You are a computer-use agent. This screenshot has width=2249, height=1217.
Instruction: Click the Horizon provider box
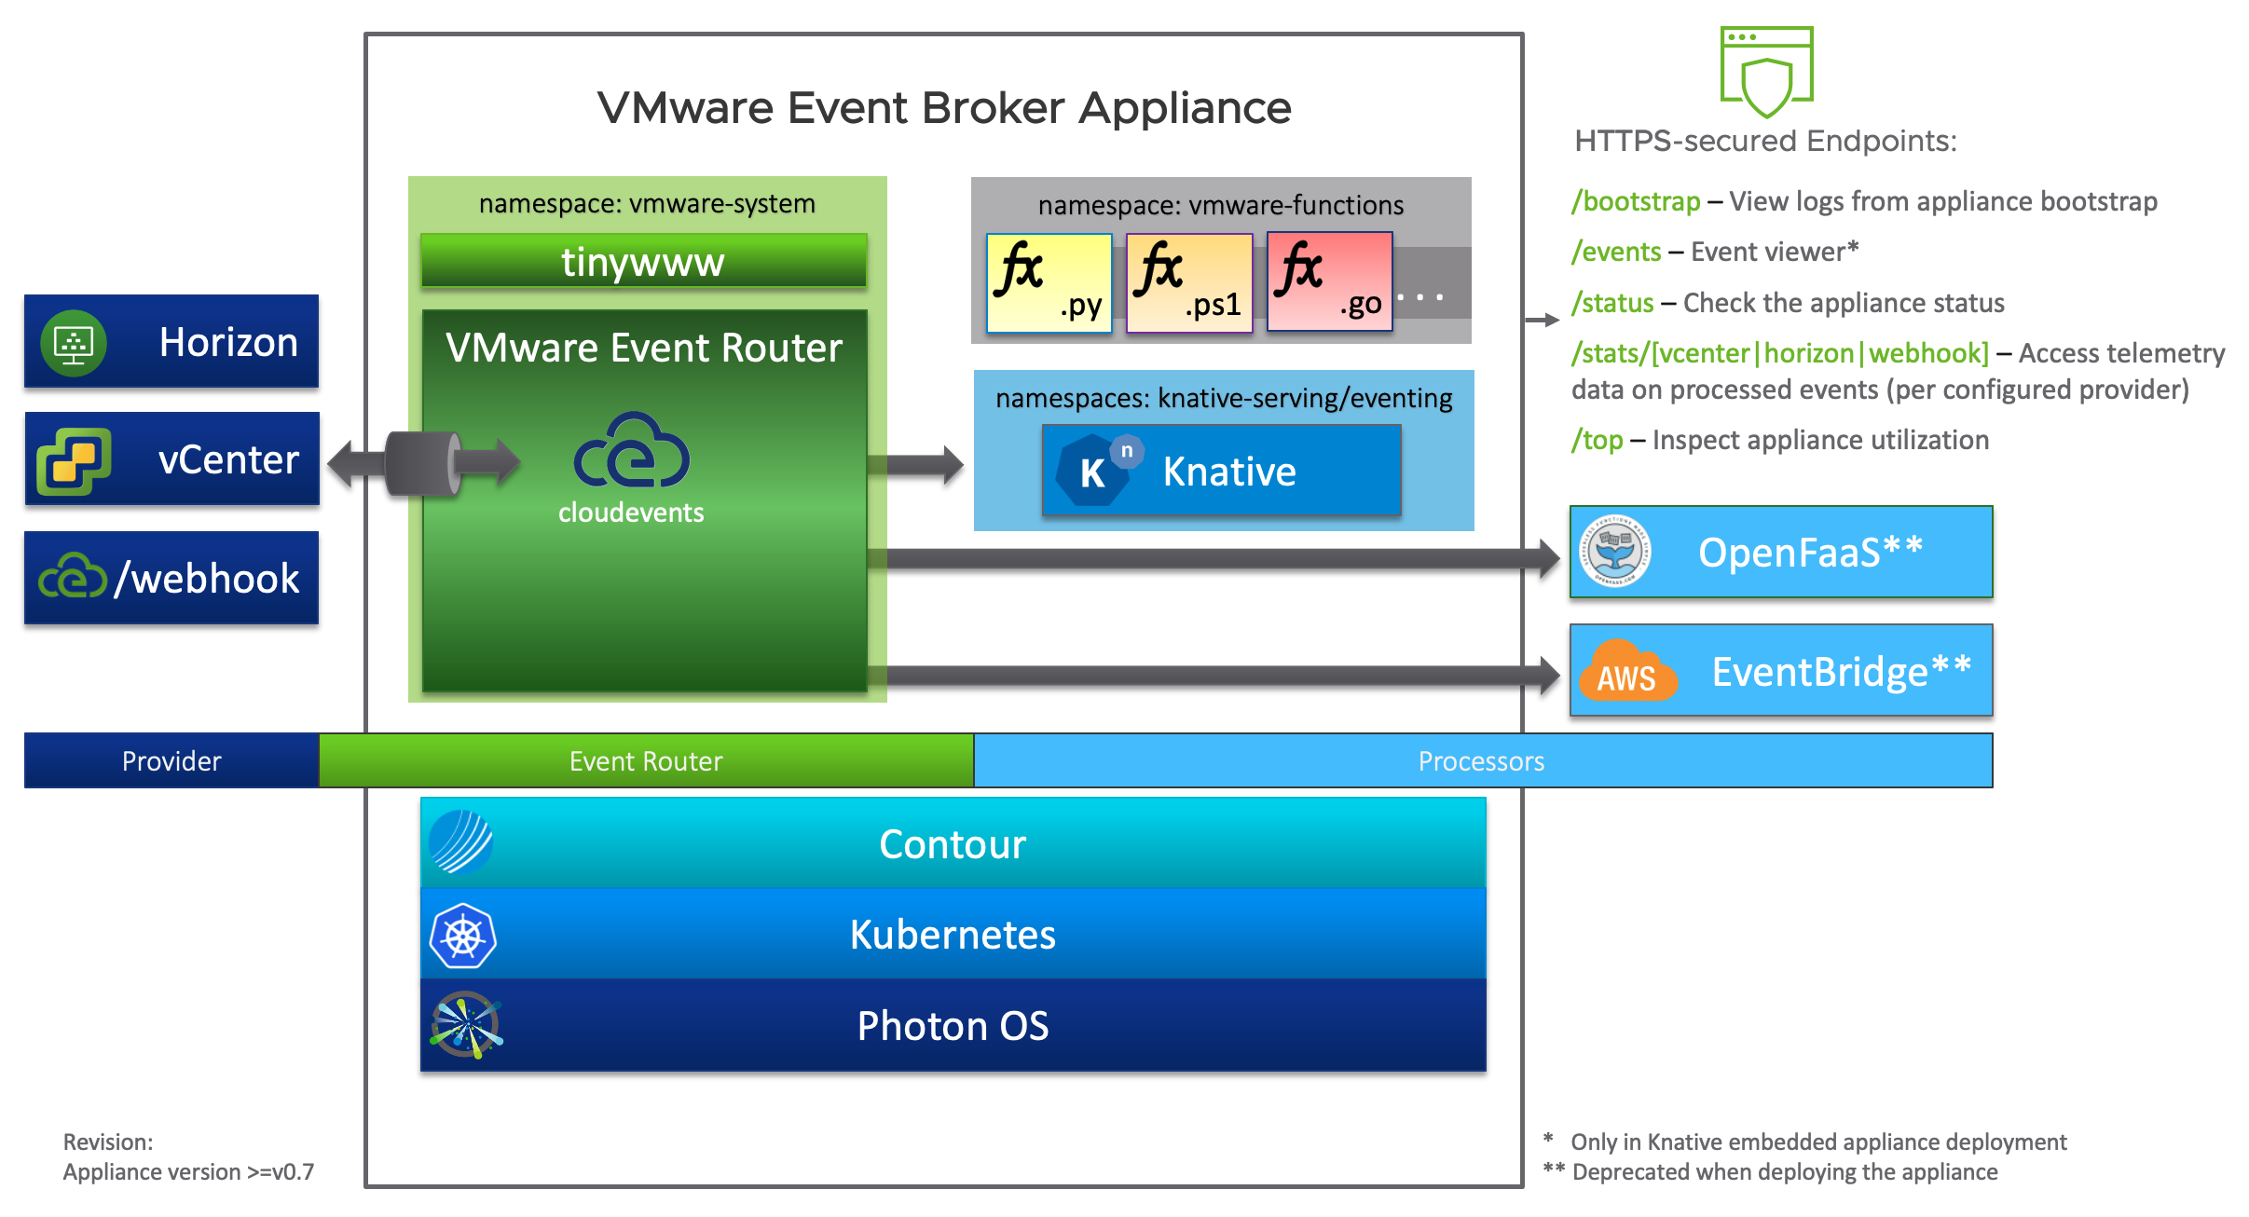pyautogui.click(x=171, y=341)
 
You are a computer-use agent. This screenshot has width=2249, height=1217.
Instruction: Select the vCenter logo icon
pyautogui.click(x=73, y=460)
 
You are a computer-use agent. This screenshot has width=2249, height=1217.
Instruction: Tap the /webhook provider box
pyautogui.click(x=171, y=578)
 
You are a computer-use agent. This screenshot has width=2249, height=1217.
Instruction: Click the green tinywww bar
pyautogui.click(x=643, y=261)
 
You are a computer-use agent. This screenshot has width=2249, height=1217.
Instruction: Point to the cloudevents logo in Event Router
pyautogui.click(x=631, y=452)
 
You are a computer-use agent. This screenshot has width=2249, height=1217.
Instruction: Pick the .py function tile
pyautogui.click(x=1049, y=282)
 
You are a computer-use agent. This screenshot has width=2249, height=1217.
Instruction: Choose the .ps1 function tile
pyautogui.click(x=1189, y=282)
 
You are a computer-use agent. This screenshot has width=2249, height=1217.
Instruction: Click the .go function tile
pyautogui.click(x=1330, y=282)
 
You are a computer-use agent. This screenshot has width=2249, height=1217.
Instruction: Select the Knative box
pyautogui.click(x=1221, y=471)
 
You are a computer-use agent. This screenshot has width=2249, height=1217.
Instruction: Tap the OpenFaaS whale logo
pyautogui.click(x=1615, y=551)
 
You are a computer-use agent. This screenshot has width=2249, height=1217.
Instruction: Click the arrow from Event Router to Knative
pyautogui.click(x=917, y=465)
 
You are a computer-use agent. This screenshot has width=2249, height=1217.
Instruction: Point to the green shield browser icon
pyautogui.click(x=1766, y=72)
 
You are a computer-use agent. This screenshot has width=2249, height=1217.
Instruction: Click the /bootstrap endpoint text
pyautogui.click(x=1636, y=201)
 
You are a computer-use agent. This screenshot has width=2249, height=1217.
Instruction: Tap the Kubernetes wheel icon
pyautogui.click(x=462, y=936)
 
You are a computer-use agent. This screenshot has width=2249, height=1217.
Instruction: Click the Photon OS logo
pyautogui.click(x=466, y=1025)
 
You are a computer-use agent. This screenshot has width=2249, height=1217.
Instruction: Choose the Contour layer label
pyautogui.click(x=953, y=844)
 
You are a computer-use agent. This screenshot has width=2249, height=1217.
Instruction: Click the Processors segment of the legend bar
pyautogui.click(x=1482, y=761)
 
